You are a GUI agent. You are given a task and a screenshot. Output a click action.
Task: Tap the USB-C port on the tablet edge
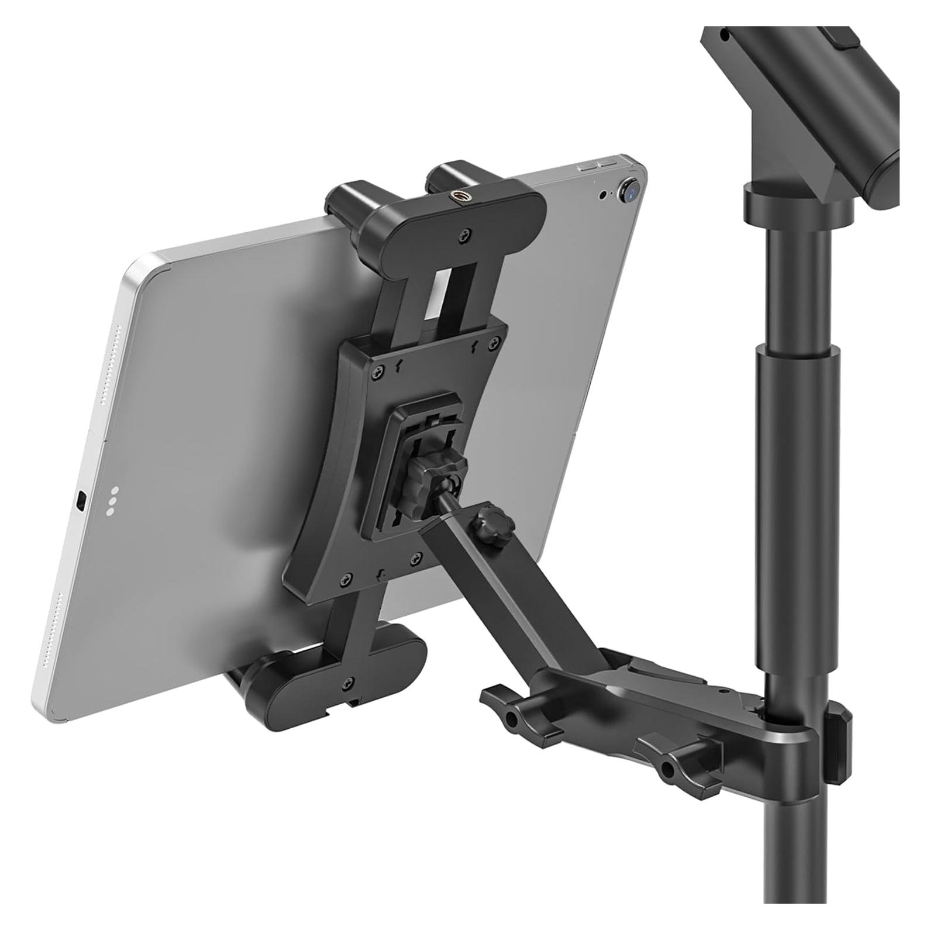[x=83, y=500]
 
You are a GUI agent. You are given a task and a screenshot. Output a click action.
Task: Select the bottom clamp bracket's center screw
[x=349, y=683]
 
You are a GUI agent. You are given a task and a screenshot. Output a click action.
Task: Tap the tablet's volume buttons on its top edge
[x=598, y=166]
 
